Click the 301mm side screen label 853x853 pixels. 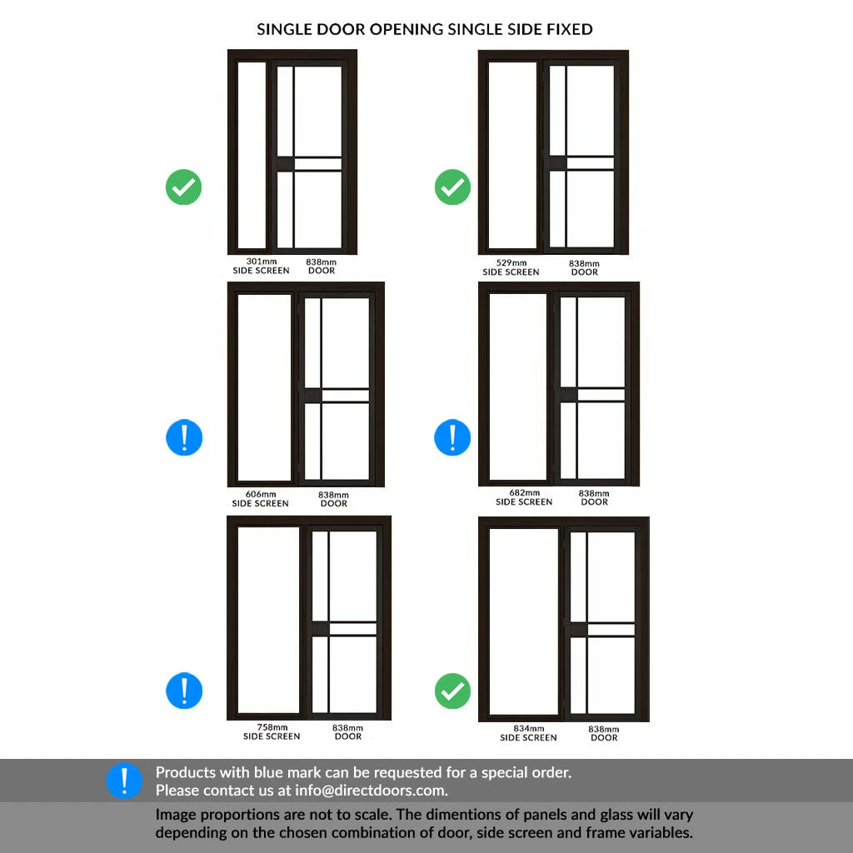click(261, 266)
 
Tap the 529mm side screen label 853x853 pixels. click(511, 267)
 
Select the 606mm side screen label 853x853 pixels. click(261, 499)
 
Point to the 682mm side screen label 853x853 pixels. click(524, 497)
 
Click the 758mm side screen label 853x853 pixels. click(272, 731)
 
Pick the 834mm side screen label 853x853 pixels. click(528, 733)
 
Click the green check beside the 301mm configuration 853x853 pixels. click(184, 187)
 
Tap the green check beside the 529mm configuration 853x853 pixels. click(452, 187)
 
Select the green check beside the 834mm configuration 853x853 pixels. click(452, 691)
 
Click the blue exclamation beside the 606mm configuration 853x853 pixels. click(184, 437)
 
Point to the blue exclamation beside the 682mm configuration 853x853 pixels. click(452, 437)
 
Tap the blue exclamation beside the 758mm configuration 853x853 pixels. click(184, 691)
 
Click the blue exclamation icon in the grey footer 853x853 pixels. click(124, 780)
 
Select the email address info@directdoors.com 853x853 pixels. click(371, 791)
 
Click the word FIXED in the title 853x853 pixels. click(570, 29)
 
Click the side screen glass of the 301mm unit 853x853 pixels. click(252, 155)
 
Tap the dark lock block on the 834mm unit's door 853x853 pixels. click(578, 630)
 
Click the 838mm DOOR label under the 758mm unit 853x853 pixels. click(347, 731)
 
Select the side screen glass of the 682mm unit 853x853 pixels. click(518, 387)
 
